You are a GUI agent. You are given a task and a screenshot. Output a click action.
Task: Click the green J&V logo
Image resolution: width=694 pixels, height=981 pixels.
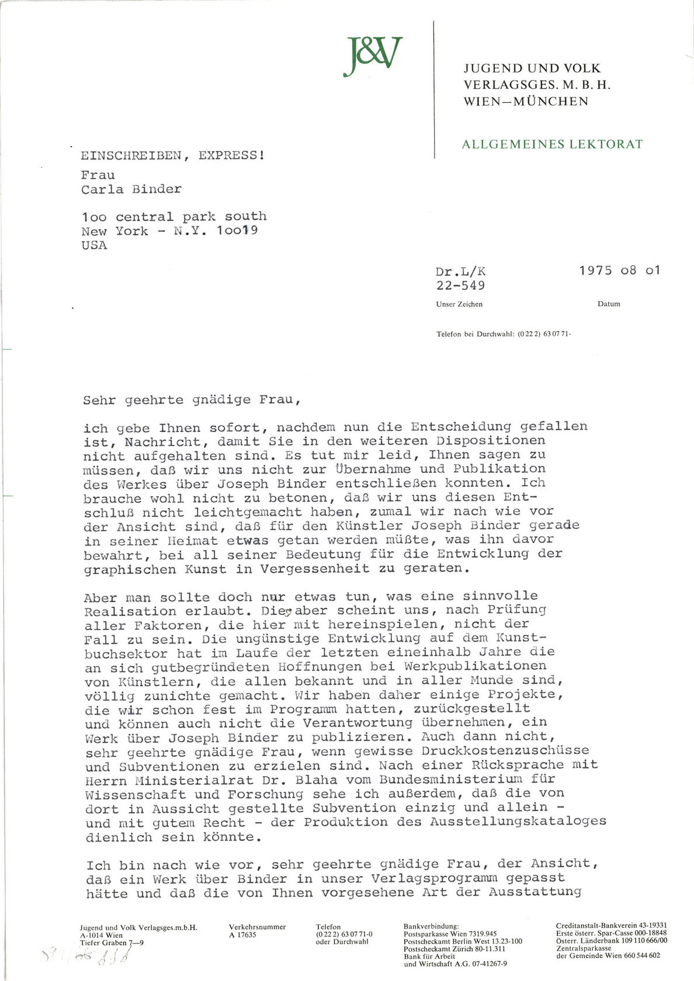(x=373, y=57)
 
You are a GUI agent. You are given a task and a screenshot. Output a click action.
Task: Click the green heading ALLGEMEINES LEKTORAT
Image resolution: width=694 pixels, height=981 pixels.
(x=552, y=144)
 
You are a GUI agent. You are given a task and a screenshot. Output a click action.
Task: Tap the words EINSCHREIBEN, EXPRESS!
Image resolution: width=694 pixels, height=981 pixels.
(x=172, y=155)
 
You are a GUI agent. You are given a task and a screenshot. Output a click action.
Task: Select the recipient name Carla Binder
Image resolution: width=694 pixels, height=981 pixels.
(x=131, y=189)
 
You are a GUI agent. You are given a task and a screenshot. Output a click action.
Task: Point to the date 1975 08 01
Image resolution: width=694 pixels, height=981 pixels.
(x=619, y=270)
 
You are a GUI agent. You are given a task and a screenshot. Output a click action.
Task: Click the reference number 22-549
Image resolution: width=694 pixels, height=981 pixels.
(x=460, y=286)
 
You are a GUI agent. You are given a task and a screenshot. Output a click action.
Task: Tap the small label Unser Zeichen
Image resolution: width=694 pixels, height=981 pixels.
(x=459, y=304)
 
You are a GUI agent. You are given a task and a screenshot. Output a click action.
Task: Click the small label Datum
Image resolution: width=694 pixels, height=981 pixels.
(x=609, y=304)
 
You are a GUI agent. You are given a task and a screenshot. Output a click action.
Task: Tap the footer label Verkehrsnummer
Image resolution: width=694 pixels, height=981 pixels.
(x=258, y=927)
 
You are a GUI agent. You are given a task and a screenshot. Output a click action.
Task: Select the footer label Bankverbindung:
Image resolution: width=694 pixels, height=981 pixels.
(x=431, y=926)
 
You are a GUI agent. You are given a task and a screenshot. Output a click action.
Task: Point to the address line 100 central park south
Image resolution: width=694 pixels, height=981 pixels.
(x=174, y=216)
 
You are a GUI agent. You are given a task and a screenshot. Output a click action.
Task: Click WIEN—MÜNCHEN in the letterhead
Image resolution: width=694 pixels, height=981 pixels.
(x=526, y=102)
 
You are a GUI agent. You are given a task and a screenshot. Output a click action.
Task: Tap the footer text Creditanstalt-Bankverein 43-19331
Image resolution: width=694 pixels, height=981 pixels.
(x=611, y=926)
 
